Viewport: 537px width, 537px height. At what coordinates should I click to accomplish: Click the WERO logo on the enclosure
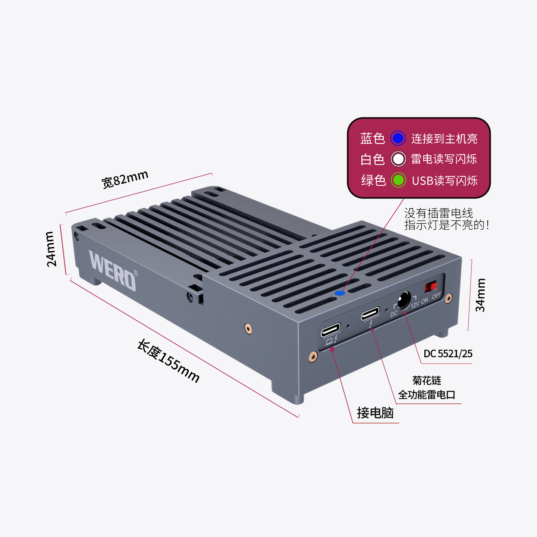click(112, 270)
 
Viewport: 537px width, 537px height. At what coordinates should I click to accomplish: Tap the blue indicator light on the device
click(340, 293)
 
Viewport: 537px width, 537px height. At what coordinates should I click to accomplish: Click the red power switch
click(431, 287)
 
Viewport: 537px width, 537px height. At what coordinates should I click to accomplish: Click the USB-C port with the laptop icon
click(330, 330)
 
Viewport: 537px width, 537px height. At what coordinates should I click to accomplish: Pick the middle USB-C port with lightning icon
click(370, 314)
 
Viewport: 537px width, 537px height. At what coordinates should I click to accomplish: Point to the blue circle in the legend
click(398, 138)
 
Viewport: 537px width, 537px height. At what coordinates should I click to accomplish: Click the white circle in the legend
click(398, 159)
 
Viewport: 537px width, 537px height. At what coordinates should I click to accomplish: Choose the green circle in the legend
click(398, 180)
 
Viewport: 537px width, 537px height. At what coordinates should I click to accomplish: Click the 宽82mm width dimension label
click(125, 179)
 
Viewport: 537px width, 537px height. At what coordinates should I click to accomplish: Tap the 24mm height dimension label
click(51, 249)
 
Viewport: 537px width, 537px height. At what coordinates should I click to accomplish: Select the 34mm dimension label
click(480, 295)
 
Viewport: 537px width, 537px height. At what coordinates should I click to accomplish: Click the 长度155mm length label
click(168, 361)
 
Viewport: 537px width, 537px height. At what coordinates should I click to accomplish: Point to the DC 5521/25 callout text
click(448, 354)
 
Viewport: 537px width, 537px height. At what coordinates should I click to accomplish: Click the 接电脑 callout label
click(375, 413)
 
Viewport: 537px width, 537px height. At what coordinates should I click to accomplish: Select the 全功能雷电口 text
click(427, 395)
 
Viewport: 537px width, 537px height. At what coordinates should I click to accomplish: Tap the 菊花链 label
click(427, 380)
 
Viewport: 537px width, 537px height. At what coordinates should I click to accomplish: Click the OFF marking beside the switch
click(437, 296)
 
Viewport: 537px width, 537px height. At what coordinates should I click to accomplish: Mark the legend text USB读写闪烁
click(445, 181)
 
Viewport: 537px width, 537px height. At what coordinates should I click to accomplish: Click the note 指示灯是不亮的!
click(446, 225)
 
